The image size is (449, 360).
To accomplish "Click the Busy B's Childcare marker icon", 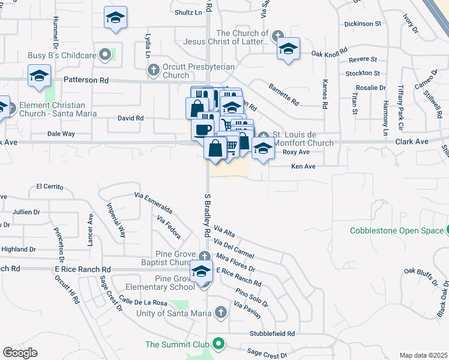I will (106, 55).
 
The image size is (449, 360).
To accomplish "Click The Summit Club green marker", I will (218, 344).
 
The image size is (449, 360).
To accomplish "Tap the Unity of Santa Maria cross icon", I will (221, 313).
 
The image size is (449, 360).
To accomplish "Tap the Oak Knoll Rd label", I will (330, 53).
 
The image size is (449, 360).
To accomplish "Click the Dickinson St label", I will (363, 24).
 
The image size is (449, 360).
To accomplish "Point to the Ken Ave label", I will (303, 166).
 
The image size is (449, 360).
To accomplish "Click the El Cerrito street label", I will (50, 186).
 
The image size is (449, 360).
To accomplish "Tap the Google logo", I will (20, 353).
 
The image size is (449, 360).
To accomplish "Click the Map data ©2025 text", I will (423, 355).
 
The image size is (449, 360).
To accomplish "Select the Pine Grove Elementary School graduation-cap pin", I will (202, 271).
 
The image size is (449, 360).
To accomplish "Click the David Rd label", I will (130, 118).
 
